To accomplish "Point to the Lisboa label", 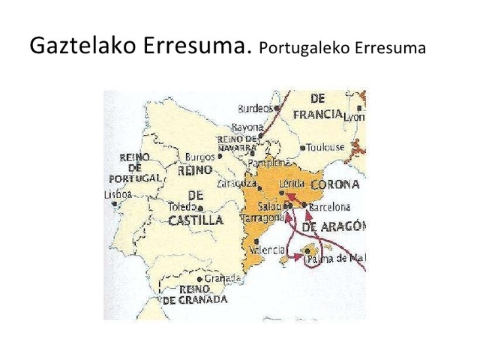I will coord(118,193).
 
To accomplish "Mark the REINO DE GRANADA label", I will coord(192,295).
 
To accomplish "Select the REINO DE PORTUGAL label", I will coord(135,168).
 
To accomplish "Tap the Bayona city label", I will coord(247,128).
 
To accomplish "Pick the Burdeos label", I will coord(253,108).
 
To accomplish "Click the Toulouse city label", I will coord(326,147).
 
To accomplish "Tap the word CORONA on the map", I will coord(334,184).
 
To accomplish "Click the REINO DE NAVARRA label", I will coord(237,144).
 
